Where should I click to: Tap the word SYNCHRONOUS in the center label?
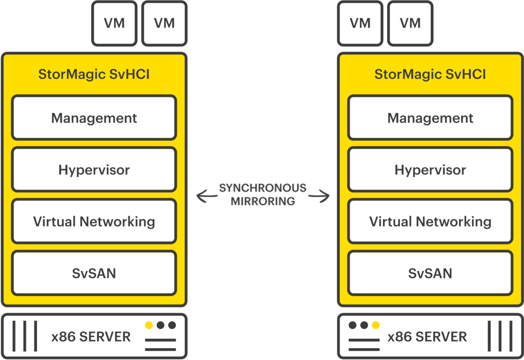(x=262, y=188)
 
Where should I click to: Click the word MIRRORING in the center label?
(x=262, y=201)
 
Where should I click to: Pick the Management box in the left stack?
(x=94, y=118)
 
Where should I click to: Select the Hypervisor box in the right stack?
(x=430, y=170)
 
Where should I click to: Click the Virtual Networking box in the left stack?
(x=94, y=222)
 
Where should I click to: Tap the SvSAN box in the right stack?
(x=430, y=273)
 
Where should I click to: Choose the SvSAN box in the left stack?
(x=94, y=273)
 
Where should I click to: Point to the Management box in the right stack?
(x=430, y=118)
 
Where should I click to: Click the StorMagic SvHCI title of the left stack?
(x=94, y=75)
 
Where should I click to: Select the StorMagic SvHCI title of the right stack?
(x=430, y=75)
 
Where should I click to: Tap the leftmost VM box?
(x=115, y=23)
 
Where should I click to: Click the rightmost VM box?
(x=410, y=23)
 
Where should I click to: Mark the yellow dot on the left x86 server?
(x=149, y=325)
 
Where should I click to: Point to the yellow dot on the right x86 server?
(x=376, y=325)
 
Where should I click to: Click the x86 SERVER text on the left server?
(x=91, y=337)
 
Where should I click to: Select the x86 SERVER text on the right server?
(x=427, y=337)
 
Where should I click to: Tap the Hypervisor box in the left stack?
(x=94, y=170)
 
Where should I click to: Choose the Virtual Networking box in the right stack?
(x=430, y=222)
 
